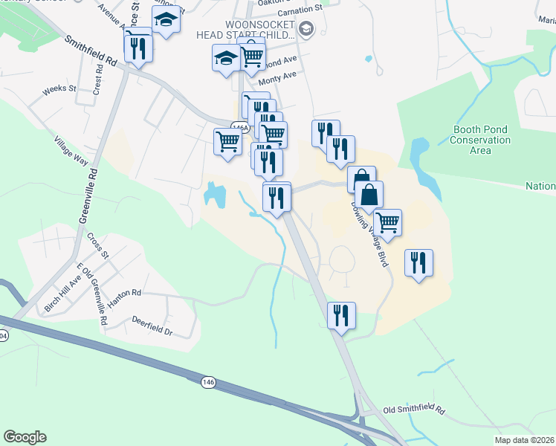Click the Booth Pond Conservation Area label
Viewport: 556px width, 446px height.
481,140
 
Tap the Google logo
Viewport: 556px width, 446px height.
25,437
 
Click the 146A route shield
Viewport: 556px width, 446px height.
239,128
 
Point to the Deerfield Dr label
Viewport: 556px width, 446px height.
152,329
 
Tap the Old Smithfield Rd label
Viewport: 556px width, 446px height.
413,410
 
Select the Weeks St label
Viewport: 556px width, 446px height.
59,88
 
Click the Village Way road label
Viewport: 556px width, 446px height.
71,151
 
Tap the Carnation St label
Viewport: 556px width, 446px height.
299,10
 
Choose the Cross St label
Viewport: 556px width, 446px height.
98,244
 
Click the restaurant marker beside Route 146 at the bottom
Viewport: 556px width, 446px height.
341,314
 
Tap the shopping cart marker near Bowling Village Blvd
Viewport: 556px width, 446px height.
387,221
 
